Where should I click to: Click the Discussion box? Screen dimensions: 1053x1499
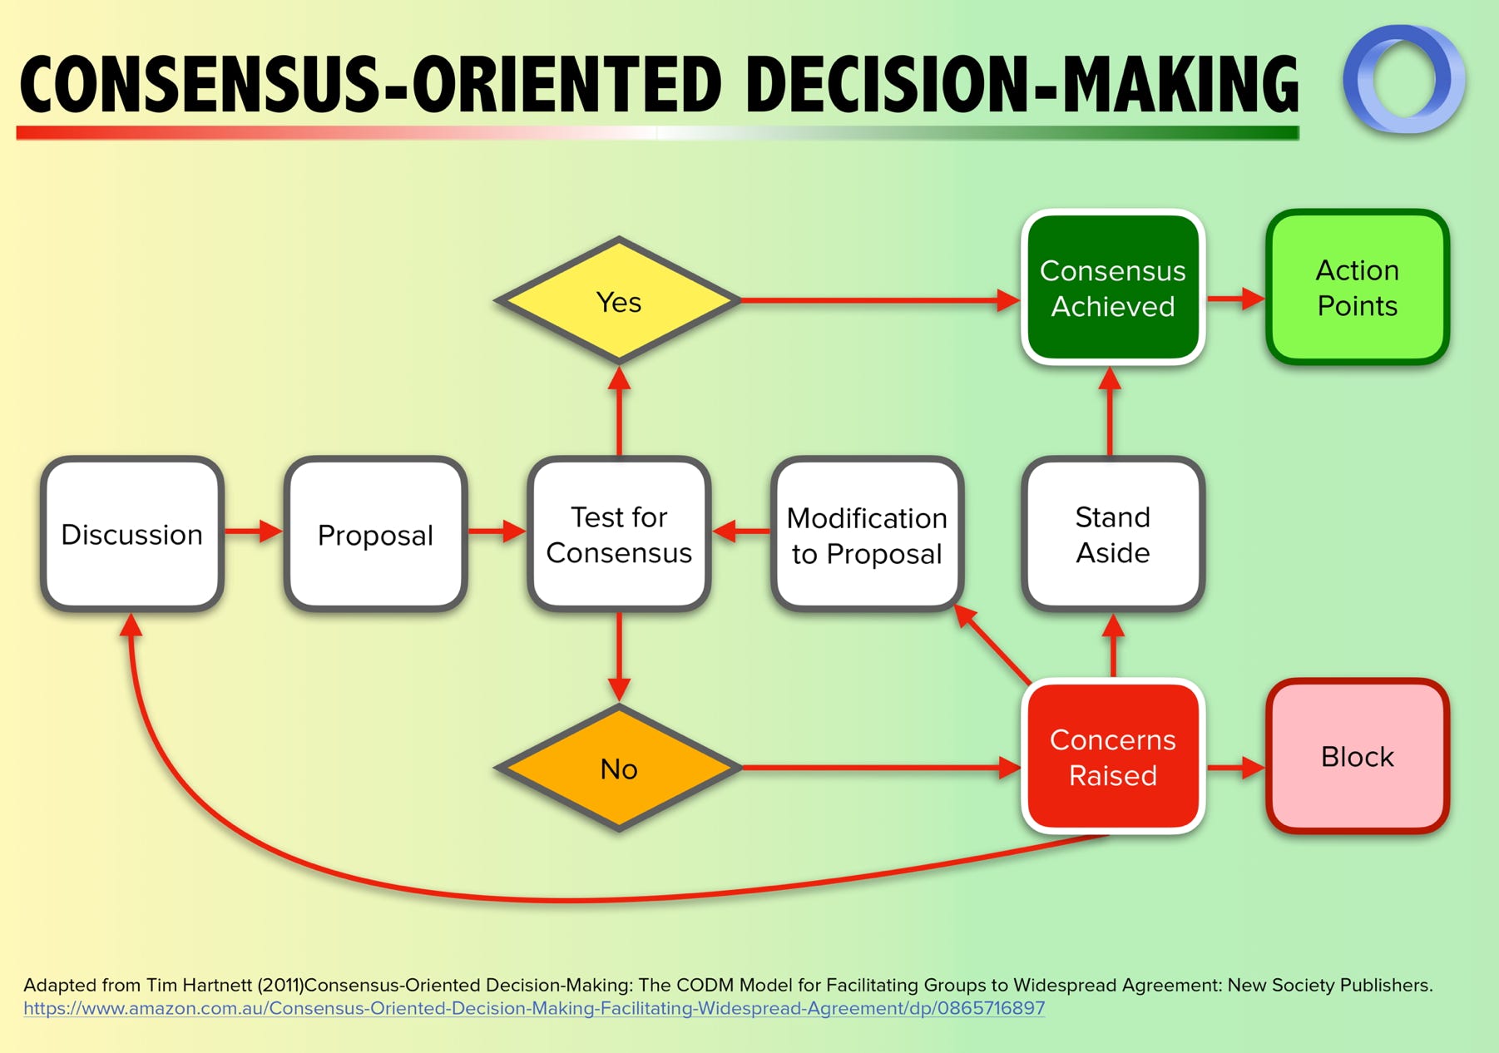point(132,534)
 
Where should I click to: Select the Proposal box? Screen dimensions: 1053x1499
point(375,534)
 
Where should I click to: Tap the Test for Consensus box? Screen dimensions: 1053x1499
point(619,534)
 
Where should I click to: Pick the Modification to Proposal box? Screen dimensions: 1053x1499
point(867,534)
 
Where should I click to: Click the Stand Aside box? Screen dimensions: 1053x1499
point(1112,534)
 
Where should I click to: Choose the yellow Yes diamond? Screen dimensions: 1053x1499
point(619,301)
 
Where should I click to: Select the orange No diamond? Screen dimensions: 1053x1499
point(619,768)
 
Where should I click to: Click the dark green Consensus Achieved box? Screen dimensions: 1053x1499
point(1112,288)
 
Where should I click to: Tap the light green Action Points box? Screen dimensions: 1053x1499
point(1357,288)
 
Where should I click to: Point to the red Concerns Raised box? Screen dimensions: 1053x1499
point(1112,756)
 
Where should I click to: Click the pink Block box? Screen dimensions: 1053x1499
point(1357,756)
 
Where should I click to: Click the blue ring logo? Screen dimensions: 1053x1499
point(1404,79)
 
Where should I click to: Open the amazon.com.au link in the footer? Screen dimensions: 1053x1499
point(533,1008)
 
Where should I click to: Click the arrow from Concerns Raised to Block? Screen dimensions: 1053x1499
point(1235,767)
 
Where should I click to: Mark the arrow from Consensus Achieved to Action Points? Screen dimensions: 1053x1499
point(1235,298)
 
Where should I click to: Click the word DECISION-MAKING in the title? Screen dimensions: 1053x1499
point(1022,85)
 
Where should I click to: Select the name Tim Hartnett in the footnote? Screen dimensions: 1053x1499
point(199,986)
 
